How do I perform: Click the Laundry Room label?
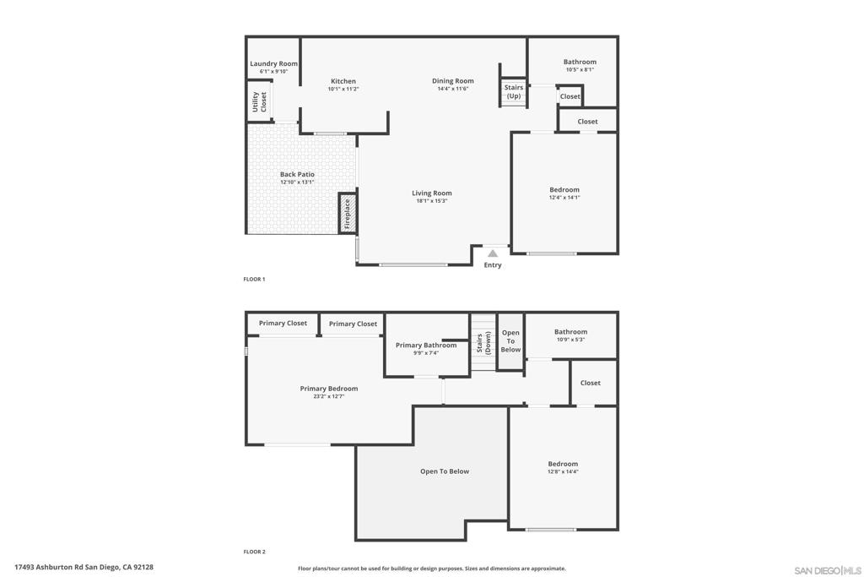point(273,63)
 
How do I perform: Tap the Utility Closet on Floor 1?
point(259,101)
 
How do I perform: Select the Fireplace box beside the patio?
point(347,213)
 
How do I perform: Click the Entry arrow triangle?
point(493,253)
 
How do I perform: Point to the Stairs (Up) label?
point(514,91)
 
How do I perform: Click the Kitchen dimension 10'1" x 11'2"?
point(343,89)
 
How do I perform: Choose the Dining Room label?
point(453,80)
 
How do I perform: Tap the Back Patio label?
point(297,174)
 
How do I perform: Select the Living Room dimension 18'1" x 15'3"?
point(432,201)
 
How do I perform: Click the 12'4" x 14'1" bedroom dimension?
point(564,198)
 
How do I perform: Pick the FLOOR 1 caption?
point(254,279)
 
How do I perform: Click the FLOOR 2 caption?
point(254,552)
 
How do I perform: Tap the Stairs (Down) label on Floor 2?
point(483,342)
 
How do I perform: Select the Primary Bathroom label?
point(426,346)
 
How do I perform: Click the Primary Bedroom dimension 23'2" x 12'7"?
point(329,396)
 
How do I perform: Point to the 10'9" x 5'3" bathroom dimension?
point(571,340)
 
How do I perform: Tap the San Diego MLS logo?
point(828,570)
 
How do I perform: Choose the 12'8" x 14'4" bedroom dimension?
point(563,471)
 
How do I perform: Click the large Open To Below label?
point(445,471)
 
